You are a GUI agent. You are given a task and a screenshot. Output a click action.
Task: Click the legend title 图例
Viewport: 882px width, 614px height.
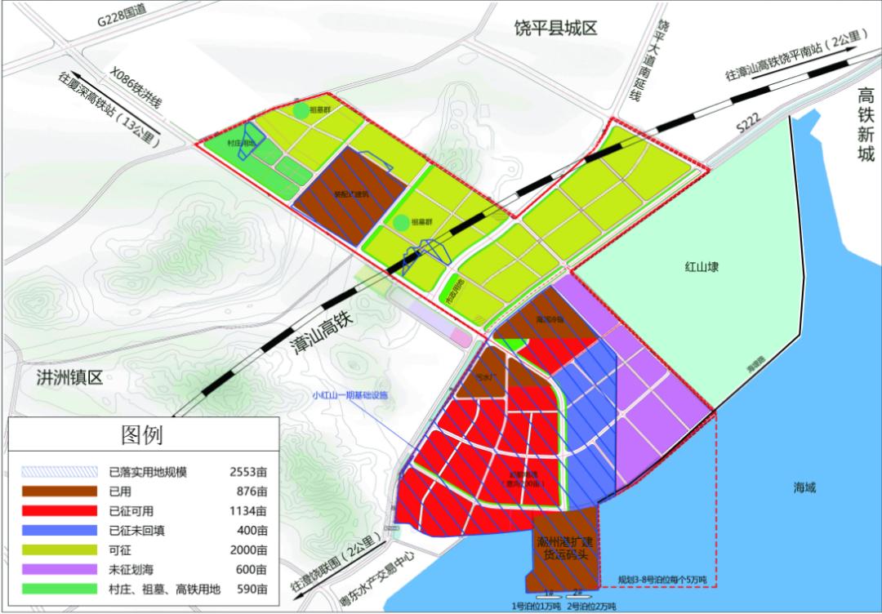coord(143,434)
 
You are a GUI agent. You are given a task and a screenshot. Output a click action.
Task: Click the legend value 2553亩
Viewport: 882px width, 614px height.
coord(248,472)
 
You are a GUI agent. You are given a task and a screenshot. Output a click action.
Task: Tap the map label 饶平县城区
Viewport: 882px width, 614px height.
coord(556,29)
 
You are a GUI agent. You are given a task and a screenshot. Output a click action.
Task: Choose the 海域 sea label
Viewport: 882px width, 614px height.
coord(804,487)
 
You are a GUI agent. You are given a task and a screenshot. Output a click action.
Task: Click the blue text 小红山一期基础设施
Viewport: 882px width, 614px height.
coord(350,396)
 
